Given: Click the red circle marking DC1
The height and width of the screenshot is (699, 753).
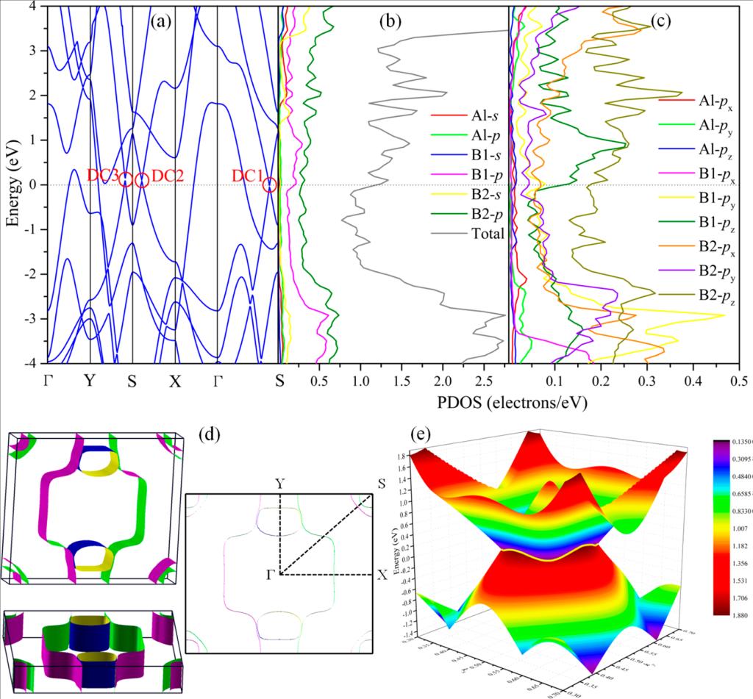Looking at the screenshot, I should click(270, 184).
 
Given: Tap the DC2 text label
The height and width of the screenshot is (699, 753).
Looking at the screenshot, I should click(168, 176).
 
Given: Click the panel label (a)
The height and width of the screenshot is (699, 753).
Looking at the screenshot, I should click(161, 21).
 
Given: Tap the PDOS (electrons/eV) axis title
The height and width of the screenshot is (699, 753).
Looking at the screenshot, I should click(514, 404).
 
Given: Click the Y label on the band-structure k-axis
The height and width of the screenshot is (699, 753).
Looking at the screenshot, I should click(90, 381).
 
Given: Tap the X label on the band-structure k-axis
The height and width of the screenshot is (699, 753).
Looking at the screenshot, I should click(174, 381).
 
